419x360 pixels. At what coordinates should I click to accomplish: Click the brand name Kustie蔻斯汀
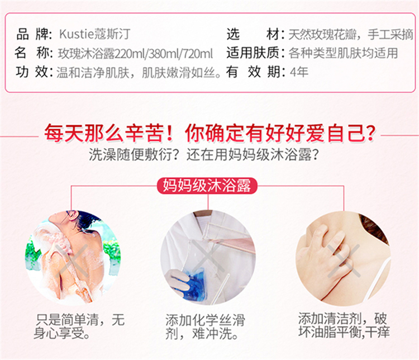click(x=94, y=34)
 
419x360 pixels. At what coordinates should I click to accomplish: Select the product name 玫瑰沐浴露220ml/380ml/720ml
click(x=136, y=54)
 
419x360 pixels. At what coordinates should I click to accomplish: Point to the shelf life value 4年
click(x=299, y=72)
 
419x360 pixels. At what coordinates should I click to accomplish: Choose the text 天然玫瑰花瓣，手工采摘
click(x=351, y=35)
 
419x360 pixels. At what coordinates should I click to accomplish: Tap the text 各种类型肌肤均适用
click(x=343, y=53)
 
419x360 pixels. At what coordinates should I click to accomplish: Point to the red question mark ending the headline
click(x=370, y=133)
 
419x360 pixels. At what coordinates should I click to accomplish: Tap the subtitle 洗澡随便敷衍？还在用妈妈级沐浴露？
click(x=203, y=155)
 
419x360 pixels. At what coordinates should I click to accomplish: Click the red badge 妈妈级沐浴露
click(x=207, y=186)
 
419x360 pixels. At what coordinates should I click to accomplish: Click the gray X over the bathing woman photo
click(x=72, y=260)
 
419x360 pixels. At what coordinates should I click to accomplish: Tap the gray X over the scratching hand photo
click(x=344, y=260)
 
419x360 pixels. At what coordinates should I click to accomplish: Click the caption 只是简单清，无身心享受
click(x=80, y=326)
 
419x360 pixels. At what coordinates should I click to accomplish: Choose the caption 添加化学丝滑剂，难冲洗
click(x=205, y=327)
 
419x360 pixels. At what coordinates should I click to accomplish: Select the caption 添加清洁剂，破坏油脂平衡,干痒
click(x=344, y=325)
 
